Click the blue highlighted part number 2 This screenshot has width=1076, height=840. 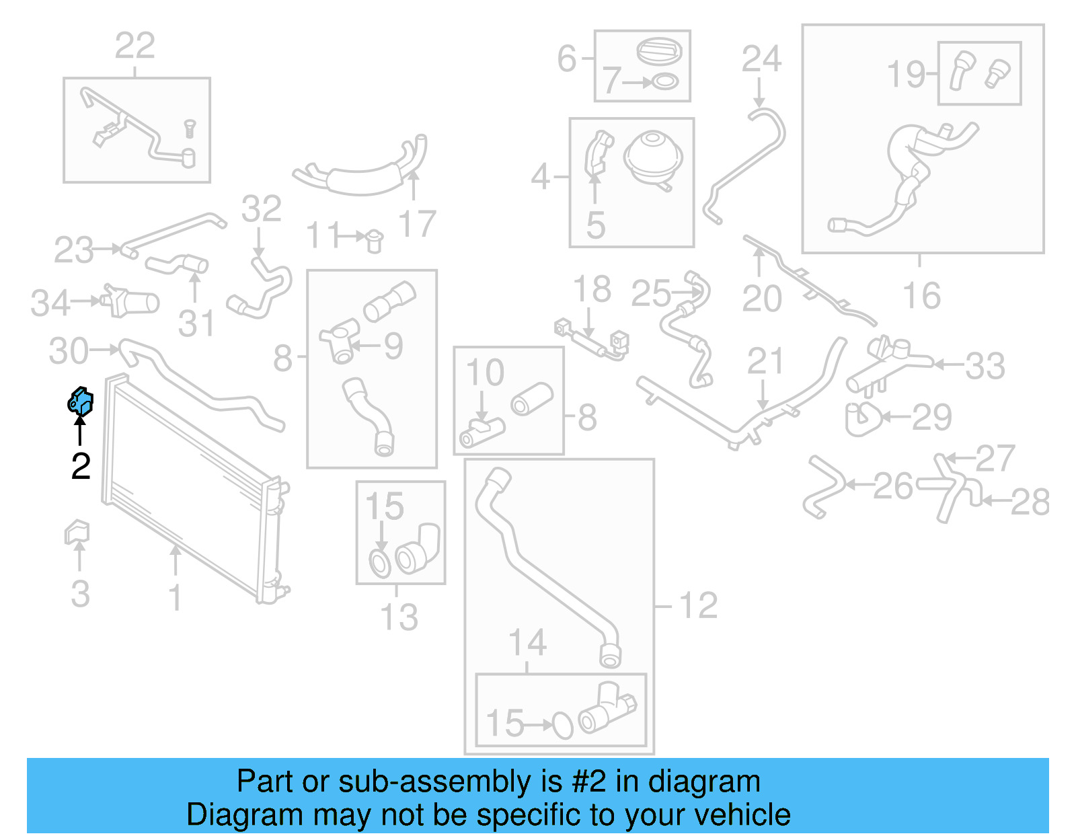click(81, 402)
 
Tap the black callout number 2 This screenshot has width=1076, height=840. click(81, 466)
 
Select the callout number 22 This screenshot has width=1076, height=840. click(134, 46)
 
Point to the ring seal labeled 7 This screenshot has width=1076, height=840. click(665, 82)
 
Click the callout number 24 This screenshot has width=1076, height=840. click(761, 59)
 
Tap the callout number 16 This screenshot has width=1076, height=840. click(921, 296)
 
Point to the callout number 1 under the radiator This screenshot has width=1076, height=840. click(175, 597)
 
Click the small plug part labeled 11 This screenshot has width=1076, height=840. click(374, 239)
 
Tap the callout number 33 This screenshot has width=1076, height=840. click(985, 366)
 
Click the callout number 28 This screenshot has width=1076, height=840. click(1030, 502)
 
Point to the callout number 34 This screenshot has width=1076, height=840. click(50, 303)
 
